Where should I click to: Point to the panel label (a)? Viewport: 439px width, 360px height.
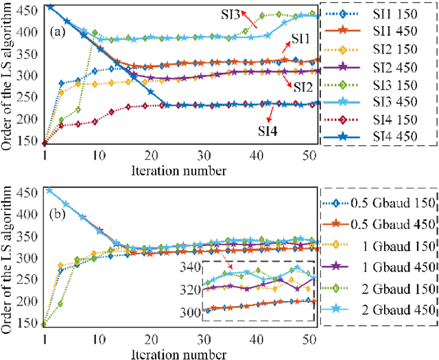click(58, 31)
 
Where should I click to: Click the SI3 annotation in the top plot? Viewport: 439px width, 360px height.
click(231, 14)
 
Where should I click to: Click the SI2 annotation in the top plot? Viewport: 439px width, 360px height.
click(304, 86)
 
